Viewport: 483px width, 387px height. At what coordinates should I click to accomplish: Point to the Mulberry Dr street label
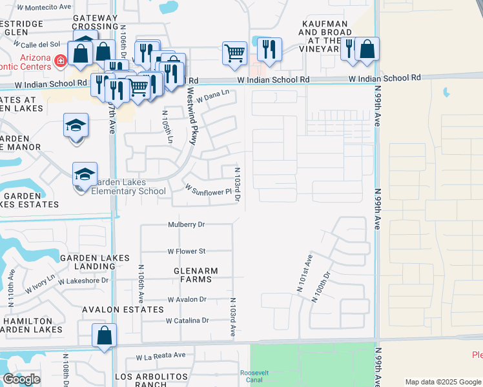(186, 225)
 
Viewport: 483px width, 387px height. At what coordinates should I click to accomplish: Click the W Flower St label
(187, 251)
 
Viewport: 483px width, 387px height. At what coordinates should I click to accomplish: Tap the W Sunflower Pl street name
(208, 191)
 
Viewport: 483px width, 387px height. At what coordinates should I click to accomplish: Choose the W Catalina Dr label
(187, 320)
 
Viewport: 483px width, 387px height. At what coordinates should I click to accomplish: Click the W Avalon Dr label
(187, 299)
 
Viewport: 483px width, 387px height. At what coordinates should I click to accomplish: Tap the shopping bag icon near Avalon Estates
(104, 337)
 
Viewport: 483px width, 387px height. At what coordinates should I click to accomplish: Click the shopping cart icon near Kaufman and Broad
(234, 53)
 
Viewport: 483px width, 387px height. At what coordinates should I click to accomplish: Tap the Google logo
(22, 379)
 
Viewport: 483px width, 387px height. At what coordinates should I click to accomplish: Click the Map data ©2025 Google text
(442, 381)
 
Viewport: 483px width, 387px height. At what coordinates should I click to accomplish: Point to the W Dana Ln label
(214, 95)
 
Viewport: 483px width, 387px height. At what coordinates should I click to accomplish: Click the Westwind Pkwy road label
(183, 114)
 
